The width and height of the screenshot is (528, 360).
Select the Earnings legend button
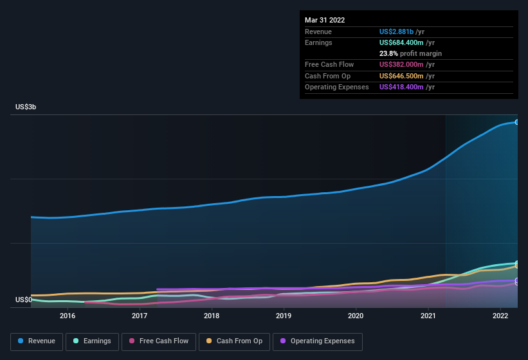click(92, 341)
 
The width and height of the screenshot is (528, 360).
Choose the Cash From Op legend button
click(234, 341)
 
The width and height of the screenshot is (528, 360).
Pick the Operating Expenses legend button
click(318, 341)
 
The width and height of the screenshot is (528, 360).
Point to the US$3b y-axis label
click(26, 107)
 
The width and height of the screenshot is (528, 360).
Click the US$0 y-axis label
click(24, 300)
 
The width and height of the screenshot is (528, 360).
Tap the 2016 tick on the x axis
click(68, 316)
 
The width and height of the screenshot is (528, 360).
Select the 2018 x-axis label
click(212, 316)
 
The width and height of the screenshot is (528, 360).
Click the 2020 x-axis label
click(356, 316)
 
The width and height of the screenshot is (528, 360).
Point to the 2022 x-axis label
click(500, 316)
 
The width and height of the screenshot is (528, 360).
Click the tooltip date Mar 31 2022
click(325, 20)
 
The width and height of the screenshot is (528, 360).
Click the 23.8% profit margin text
click(410, 53)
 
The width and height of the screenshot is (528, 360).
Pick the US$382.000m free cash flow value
click(406, 64)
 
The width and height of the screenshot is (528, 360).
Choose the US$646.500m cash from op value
click(406, 76)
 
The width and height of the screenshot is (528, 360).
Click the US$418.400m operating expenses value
click(406, 87)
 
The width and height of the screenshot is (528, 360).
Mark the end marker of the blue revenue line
click(517, 122)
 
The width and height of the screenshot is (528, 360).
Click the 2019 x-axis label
click(284, 316)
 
